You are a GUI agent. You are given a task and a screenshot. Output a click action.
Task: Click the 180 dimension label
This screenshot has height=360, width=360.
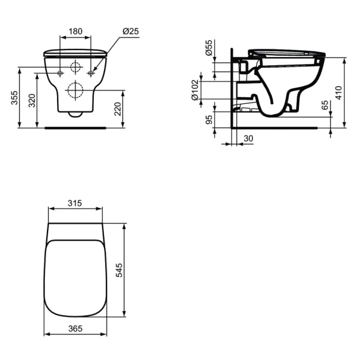point(75,31)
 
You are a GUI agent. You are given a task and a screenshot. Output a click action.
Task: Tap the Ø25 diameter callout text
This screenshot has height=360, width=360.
point(131,31)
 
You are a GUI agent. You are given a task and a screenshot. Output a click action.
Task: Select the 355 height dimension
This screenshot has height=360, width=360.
point(15,98)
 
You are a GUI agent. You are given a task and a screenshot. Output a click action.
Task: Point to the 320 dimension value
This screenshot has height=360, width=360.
point(32,101)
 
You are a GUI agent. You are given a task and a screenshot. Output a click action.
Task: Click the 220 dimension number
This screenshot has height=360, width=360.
point(117,109)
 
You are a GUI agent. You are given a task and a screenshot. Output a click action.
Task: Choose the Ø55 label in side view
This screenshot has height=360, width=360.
point(209,48)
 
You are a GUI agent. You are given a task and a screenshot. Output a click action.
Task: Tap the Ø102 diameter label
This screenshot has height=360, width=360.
point(195,90)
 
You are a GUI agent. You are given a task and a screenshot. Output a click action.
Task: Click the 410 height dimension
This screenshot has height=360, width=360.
point(338,93)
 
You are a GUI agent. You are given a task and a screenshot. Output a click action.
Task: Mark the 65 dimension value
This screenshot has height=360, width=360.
point(325,105)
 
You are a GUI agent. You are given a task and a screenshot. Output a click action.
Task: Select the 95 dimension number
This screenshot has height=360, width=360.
point(209,120)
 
